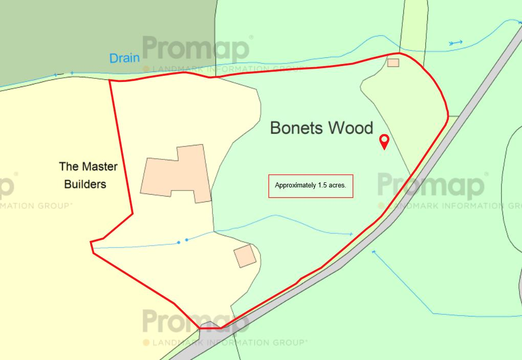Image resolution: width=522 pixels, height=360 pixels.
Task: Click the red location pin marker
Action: click(x=383, y=141)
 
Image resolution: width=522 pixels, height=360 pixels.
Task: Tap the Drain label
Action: click(x=124, y=58)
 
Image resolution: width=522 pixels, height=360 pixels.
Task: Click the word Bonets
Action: click(x=296, y=128)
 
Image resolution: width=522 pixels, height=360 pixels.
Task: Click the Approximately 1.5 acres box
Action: click(x=311, y=186)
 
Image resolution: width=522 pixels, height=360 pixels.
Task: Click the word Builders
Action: click(x=85, y=184)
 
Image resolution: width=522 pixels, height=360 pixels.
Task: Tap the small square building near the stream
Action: click(x=245, y=256)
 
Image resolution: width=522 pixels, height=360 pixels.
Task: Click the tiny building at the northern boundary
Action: click(x=393, y=62)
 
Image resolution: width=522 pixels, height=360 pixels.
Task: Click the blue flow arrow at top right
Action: click(x=455, y=43)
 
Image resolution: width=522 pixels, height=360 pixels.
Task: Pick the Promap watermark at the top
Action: click(x=195, y=49)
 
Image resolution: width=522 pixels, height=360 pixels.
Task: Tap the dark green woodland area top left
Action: click(x=77, y=36)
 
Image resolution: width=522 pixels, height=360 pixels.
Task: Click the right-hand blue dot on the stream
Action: click(x=187, y=240)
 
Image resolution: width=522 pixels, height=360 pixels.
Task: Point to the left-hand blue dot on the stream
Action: click(x=179, y=242)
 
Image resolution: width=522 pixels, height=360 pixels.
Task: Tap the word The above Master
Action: click(x=69, y=166)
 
